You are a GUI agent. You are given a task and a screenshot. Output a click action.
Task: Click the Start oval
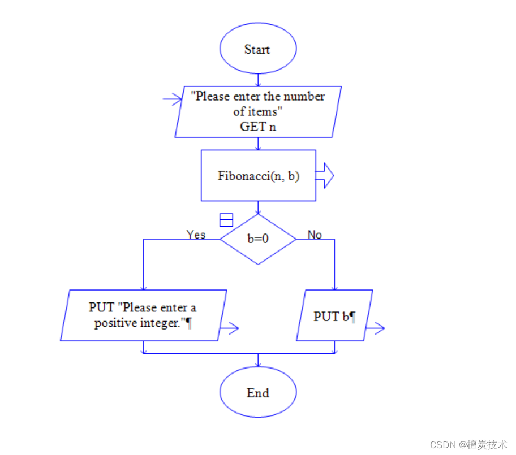(x=257, y=49)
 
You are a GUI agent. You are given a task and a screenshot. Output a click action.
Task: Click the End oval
(x=257, y=392)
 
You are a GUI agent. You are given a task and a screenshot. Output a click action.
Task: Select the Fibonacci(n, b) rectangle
(x=258, y=175)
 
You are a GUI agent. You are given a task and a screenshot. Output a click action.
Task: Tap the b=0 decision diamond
(x=257, y=239)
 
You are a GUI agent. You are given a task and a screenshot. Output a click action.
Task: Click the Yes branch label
(x=196, y=235)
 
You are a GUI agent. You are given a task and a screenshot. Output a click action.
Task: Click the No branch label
(x=315, y=235)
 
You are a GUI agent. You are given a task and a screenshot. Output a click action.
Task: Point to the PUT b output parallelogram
(x=334, y=315)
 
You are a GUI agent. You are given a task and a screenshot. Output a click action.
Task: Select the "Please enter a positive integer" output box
(x=143, y=315)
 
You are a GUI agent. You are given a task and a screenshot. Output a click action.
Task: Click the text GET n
(x=258, y=126)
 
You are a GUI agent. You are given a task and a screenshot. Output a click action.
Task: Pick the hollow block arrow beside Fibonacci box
(x=325, y=175)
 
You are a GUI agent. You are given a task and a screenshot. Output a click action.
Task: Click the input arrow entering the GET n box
(x=172, y=99)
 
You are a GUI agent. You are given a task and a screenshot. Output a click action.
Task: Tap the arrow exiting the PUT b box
(x=375, y=328)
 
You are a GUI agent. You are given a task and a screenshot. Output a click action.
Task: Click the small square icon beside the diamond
(x=226, y=220)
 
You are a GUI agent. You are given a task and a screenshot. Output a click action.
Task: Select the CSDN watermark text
(x=467, y=444)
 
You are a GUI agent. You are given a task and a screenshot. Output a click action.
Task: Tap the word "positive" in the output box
(x=115, y=324)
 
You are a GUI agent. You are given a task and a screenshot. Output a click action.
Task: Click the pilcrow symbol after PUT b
(x=352, y=317)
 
